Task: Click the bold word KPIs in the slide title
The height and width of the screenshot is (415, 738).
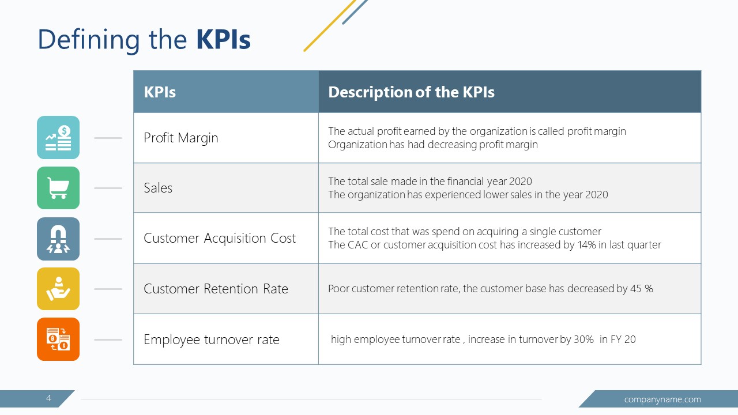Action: (x=223, y=40)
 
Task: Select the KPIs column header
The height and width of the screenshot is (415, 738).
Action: (x=160, y=92)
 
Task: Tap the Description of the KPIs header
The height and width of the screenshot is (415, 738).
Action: (x=411, y=92)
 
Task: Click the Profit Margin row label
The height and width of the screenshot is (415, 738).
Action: (x=180, y=138)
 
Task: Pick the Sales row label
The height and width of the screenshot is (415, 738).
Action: (x=158, y=188)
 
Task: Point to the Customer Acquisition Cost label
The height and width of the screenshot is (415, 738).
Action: (x=220, y=239)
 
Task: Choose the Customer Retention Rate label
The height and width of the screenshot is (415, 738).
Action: (x=216, y=289)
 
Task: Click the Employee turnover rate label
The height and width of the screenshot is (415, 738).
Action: (x=211, y=339)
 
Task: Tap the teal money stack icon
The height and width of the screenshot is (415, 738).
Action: (x=58, y=138)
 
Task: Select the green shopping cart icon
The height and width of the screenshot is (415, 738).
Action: (x=58, y=188)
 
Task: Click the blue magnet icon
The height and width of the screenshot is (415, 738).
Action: (x=58, y=239)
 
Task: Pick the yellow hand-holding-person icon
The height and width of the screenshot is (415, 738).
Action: (x=58, y=289)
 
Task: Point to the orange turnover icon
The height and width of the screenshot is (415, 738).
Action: (x=58, y=339)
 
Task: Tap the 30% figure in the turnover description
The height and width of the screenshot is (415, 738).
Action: (x=583, y=339)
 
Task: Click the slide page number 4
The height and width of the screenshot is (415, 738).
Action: (x=48, y=398)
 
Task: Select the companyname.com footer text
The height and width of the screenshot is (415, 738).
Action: (x=662, y=399)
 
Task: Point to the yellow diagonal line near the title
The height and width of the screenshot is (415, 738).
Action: (x=330, y=25)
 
